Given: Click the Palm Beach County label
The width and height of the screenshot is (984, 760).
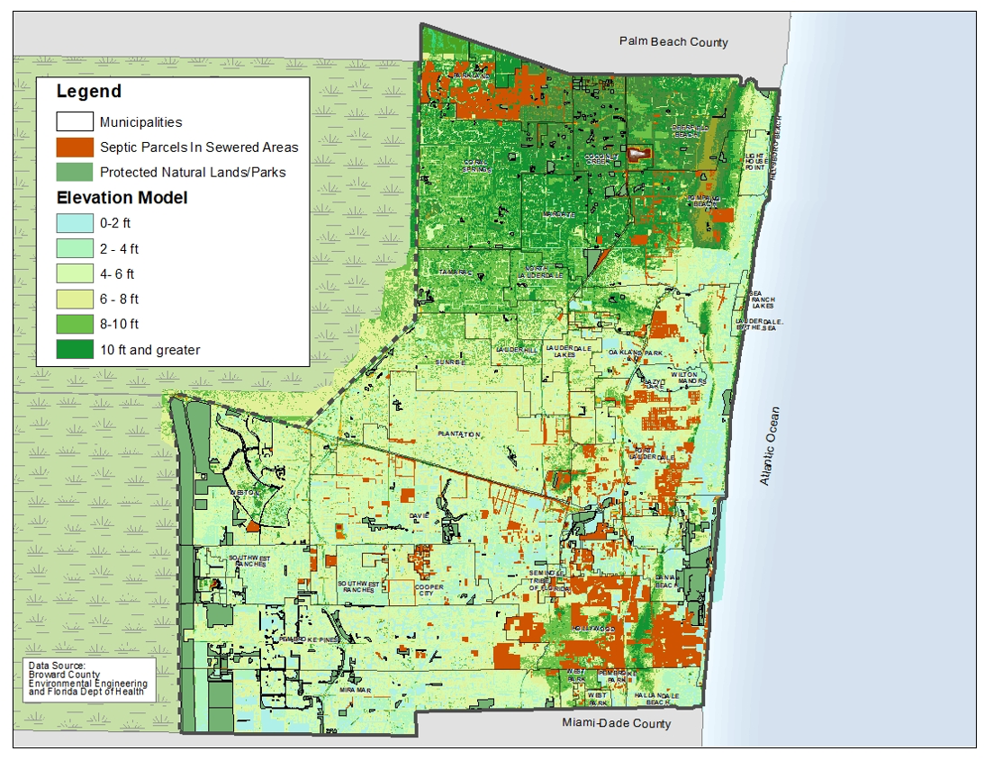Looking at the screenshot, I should (x=673, y=42).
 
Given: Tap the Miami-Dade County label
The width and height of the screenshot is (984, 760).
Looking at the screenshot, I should (x=616, y=723).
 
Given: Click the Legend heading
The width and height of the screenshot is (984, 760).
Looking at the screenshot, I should (x=88, y=92).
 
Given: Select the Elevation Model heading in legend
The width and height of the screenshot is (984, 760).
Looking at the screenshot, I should (x=122, y=198).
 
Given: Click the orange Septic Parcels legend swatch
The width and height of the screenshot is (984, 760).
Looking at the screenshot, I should (x=75, y=147).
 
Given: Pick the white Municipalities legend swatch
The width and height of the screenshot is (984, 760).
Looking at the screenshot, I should (x=75, y=122).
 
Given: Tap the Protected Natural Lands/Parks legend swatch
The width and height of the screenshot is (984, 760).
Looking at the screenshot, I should (x=75, y=172).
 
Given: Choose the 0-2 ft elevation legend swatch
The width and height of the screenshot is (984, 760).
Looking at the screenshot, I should (x=75, y=223).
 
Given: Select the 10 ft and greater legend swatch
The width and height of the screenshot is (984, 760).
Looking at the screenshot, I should (x=75, y=349).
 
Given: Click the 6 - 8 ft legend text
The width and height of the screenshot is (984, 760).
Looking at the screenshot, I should (x=120, y=299).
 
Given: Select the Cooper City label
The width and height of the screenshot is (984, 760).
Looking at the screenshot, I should (x=429, y=590).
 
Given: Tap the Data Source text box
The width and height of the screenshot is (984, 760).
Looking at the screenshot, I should (x=88, y=681).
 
